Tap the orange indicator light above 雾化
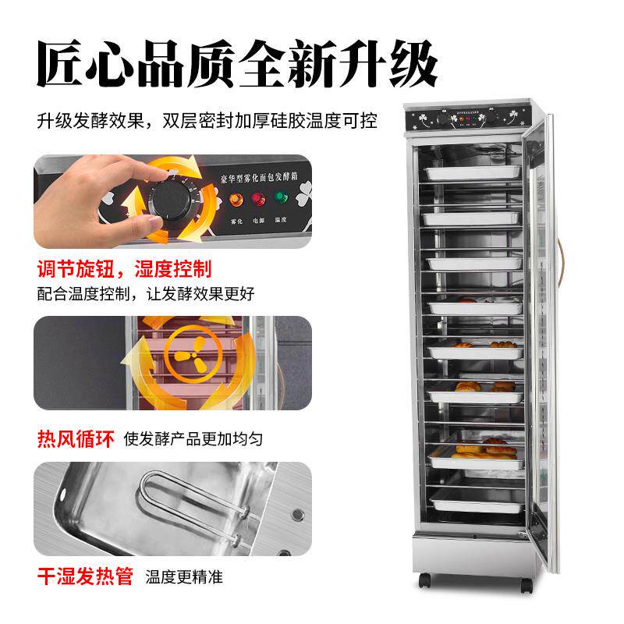[235, 199]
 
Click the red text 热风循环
[75, 438]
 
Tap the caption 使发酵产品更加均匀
[193, 438]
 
